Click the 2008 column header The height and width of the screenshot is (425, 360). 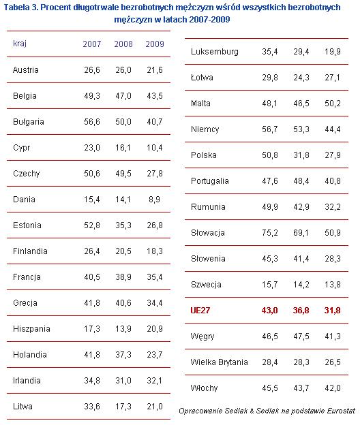pyautogui.click(x=123, y=44)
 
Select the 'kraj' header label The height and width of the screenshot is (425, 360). pyautogui.click(x=20, y=44)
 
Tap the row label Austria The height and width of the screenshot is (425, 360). pyautogui.click(x=26, y=70)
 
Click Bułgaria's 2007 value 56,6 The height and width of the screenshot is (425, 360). pyautogui.click(x=91, y=122)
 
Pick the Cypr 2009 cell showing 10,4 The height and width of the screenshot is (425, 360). pyautogui.click(x=155, y=148)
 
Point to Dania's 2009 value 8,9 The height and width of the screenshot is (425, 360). pyautogui.click(x=154, y=200)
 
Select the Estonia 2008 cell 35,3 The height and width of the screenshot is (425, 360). pyautogui.click(x=123, y=225)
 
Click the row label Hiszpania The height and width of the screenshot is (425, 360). pyautogui.click(x=31, y=329)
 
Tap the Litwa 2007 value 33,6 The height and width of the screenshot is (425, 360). pyautogui.click(x=91, y=407)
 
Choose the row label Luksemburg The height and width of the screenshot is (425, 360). pyautogui.click(x=215, y=52)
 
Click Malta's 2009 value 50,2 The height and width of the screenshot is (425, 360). pyautogui.click(x=333, y=104)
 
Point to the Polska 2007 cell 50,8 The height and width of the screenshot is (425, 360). pyautogui.click(x=270, y=155)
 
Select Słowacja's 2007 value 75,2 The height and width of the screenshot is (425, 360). pyautogui.click(x=270, y=233)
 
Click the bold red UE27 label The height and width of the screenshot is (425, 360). pyautogui.click(x=200, y=311)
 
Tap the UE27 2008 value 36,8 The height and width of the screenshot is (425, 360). pyautogui.click(x=301, y=311)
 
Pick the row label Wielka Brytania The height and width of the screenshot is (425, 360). pyautogui.click(x=219, y=362)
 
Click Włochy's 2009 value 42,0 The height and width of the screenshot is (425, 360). pyautogui.click(x=333, y=388)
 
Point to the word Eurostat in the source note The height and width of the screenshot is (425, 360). pyautogui.click(x=341, y=411)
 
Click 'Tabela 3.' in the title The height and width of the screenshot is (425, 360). pyautogui.click(x=21, y=7)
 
